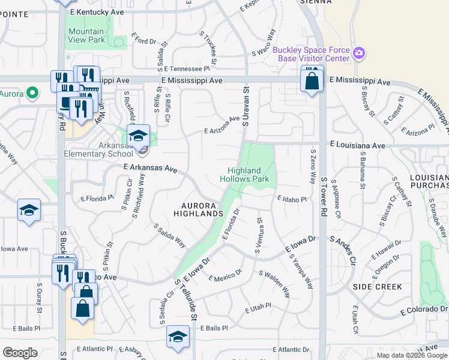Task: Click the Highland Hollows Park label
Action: tap(244, 175)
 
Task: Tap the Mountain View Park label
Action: tap(86, 35)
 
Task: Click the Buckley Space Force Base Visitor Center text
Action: tap(311, 54)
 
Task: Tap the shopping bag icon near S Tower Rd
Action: tap(312, 80)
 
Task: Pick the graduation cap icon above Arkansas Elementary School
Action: tap(137, 136)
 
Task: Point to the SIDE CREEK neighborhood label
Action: tap(377, 287)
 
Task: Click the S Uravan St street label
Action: tap(246, 106)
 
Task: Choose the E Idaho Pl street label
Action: tap(292, 199)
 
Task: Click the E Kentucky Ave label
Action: tap(97, 12)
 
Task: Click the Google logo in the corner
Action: tap(20, 353)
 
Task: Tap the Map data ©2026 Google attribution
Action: tap(412, 355)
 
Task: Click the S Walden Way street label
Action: tap(274, 283)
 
